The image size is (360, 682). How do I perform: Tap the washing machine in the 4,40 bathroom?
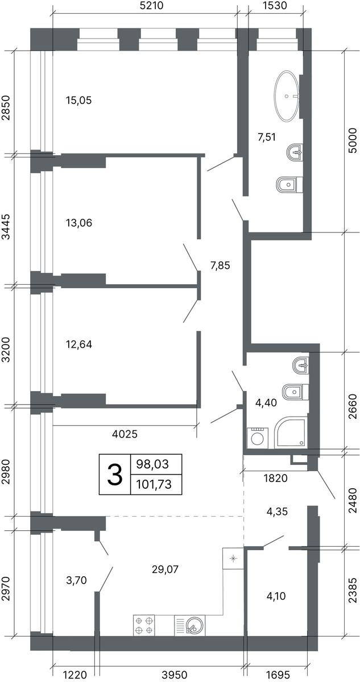point(258,438)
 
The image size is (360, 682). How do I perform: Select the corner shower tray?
point(291,434)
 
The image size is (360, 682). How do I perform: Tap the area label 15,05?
point(79,100)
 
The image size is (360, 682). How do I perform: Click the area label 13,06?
point(79,223)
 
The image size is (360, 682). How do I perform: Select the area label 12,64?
point(79,344)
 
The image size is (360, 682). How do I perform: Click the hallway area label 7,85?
point(220,265)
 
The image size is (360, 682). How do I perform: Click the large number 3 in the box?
point(114,474)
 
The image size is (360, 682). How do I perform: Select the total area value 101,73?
point(154,484)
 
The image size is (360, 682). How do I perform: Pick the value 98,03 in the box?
point(152,464)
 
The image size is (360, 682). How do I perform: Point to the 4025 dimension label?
point(125,434)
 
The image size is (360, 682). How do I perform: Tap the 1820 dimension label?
point(275,478)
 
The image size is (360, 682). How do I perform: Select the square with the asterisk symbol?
point(233,558)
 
